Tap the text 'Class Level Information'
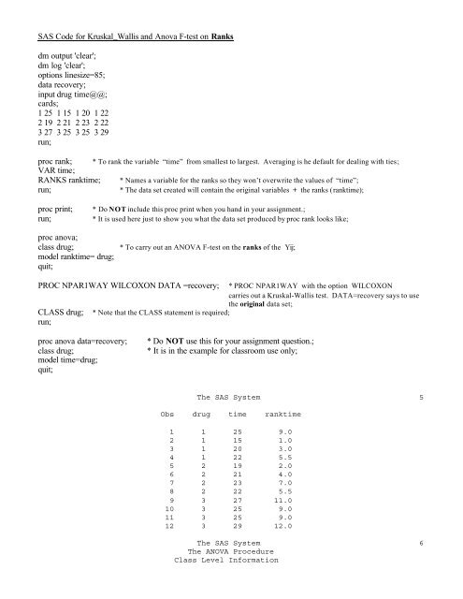[x=227, y=592]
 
